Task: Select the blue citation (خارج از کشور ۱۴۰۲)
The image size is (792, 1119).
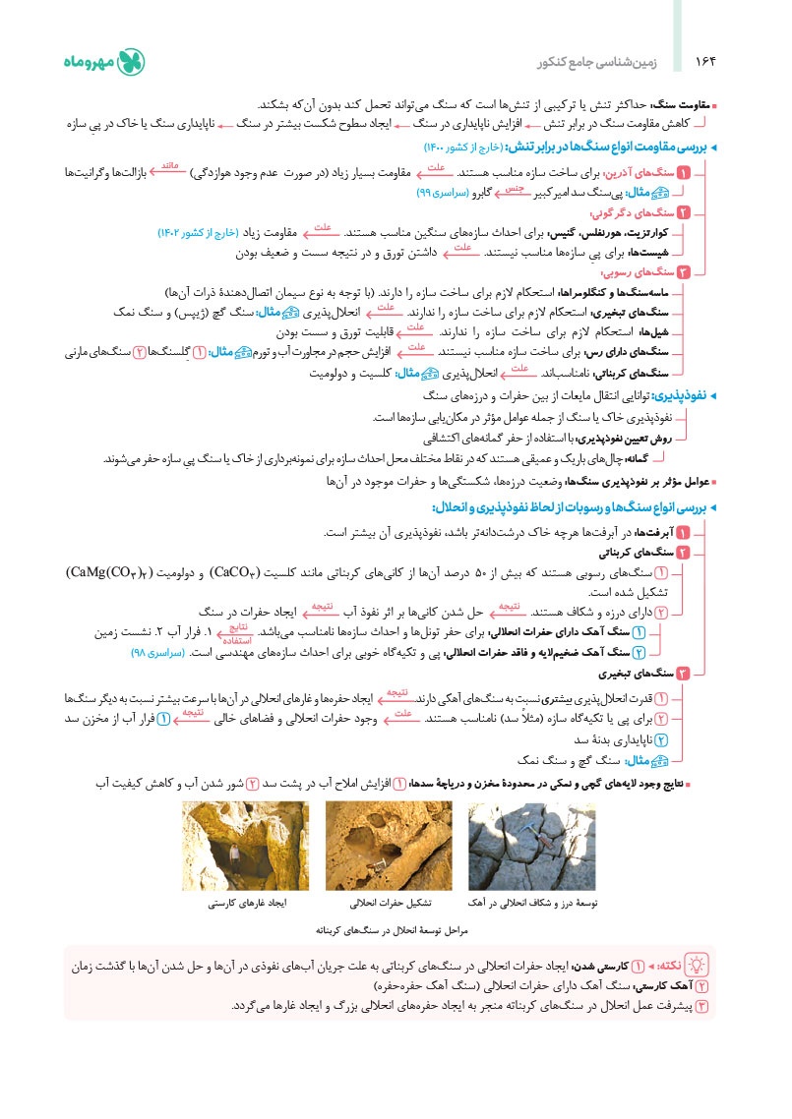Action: (x=198, y=233)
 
